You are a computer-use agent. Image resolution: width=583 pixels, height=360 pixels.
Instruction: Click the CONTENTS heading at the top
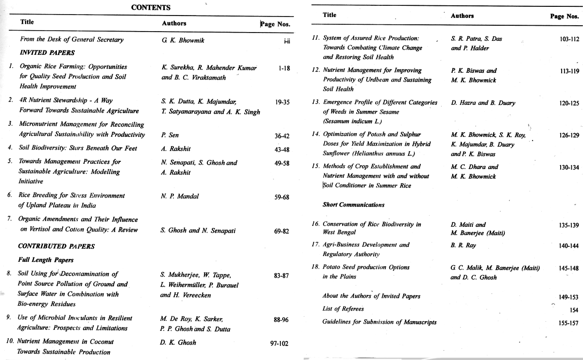(x=151, y=7)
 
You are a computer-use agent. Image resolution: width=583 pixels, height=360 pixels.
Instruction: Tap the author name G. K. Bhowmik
(x=183, y=40)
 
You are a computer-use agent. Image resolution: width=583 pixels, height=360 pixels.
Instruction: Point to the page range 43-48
(x=282, y=149)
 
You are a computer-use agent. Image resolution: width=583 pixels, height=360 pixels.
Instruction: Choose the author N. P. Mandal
(x=180, y=196)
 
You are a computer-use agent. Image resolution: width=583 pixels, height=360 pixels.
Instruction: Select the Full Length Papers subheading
(x=45, y=260)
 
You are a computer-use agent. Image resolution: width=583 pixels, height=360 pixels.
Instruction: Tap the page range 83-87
(x=281, y=275)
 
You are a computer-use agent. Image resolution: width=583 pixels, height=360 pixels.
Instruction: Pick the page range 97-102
(x=279, y=343)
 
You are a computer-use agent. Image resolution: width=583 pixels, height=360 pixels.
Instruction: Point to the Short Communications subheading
(x=353, y=205)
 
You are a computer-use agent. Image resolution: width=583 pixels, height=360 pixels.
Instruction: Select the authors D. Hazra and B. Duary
(x=483, y=103)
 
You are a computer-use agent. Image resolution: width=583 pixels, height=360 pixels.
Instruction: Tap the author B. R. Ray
(x=463, y=246)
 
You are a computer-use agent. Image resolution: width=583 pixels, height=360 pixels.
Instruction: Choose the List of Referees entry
(x=343, y=309)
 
